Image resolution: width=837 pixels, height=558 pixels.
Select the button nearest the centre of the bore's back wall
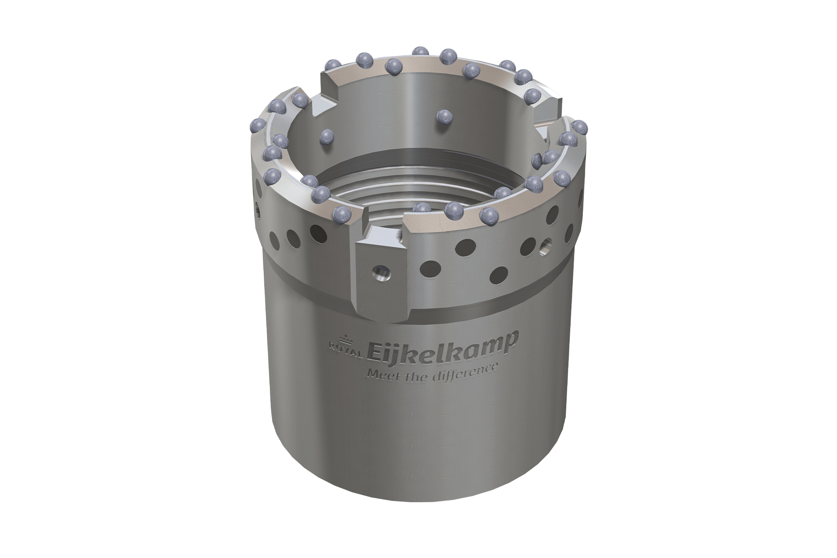click(x=444, y=117)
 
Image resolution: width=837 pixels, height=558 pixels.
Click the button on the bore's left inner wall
click(x=326, y=138)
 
